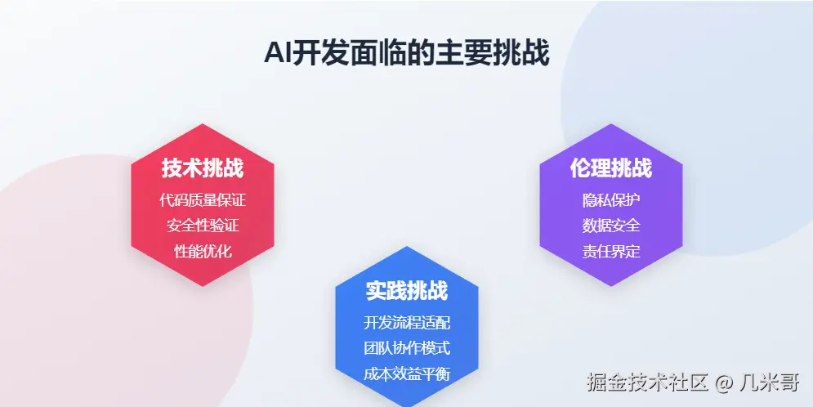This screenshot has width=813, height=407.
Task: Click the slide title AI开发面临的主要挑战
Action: click(x=407, y=53)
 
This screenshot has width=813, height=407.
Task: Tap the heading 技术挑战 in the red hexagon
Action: click(x=202, y=168)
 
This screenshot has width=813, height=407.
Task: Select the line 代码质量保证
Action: click(x=202, y=200)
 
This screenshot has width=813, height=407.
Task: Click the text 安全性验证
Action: click(x=202, y=226)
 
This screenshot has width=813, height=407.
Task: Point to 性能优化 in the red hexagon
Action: click(x=202, y=252)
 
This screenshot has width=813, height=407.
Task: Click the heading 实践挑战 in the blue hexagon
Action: click(x=407, y=290)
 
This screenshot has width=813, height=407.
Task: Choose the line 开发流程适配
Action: click(x=407, y=323)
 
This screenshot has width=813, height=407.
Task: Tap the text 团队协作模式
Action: click(x=407, y=348)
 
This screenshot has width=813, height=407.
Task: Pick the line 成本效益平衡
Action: click(x=407, y=373)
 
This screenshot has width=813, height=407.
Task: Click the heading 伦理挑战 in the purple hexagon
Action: click(x=611, y=168)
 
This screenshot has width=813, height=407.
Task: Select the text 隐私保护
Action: click(x=611, y=200)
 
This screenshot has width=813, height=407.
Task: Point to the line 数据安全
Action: click(x=611, y=226)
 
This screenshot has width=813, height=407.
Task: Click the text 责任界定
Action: click(x=611, y=252)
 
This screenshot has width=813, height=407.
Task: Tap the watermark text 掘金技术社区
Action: click(x=648, y=382)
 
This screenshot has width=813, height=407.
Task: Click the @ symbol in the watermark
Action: click(x=724, y=383)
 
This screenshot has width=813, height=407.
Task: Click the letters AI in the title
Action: click(x=278, y=53)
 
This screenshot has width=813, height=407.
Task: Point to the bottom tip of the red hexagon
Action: click(x=202, y=286)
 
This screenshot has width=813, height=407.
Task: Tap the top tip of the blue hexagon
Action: click(x=407, y=246)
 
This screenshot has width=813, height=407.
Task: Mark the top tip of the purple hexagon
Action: click(x=611, y=124)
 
